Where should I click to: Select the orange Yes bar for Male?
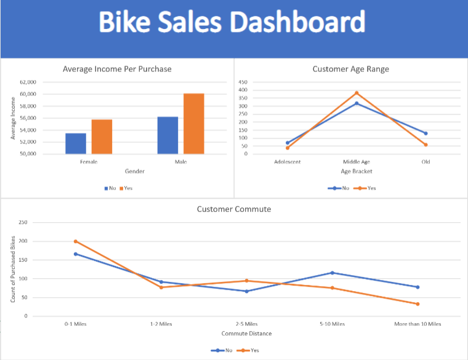[x=193, y=124]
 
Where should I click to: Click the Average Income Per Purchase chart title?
[x=117, y=69]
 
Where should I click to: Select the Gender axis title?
[x=135, y=171]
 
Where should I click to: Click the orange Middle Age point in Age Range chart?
[x=356, y=93]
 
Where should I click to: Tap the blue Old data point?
[x=426, y=134]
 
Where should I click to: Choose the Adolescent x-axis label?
[x=287, y=162]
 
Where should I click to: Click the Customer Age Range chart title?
[x=350, y=69]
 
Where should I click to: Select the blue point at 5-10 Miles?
[x=332, y=273]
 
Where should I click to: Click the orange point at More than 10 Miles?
[x=418, y=304]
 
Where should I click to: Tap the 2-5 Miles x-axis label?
[x=246, y=324]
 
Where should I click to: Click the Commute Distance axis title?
[x=246, y=334]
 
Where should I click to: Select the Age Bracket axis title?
[x=356, y=171]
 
